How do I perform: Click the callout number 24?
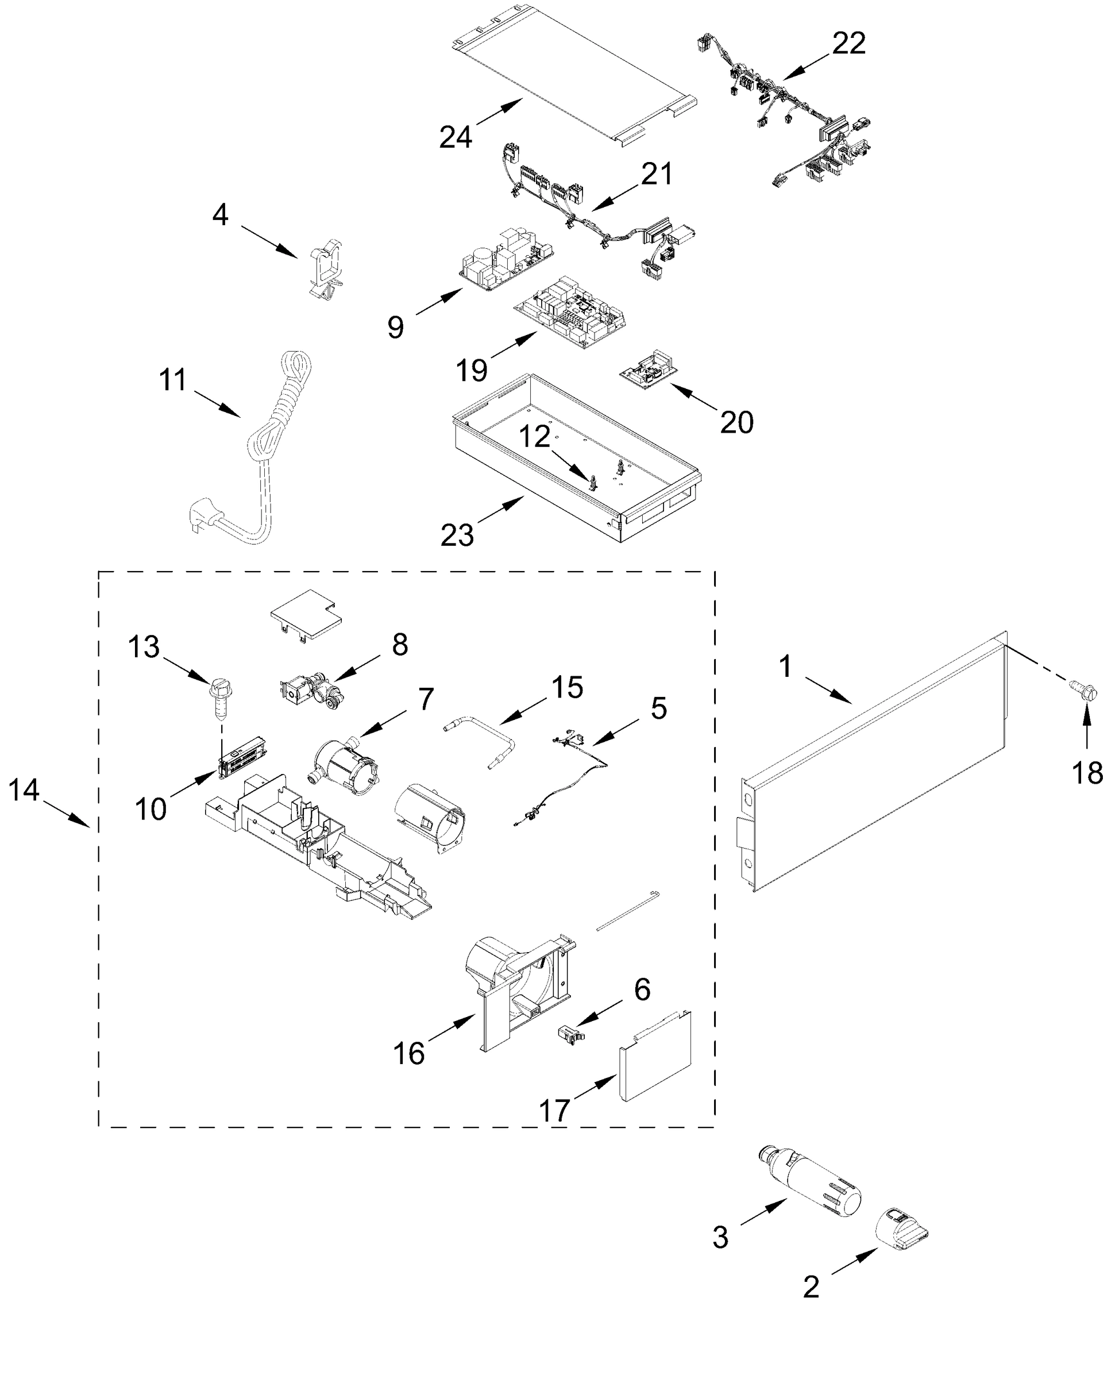[456, 137]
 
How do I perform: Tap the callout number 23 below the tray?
[457, 534]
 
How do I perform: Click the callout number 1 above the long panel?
[785, 667]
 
